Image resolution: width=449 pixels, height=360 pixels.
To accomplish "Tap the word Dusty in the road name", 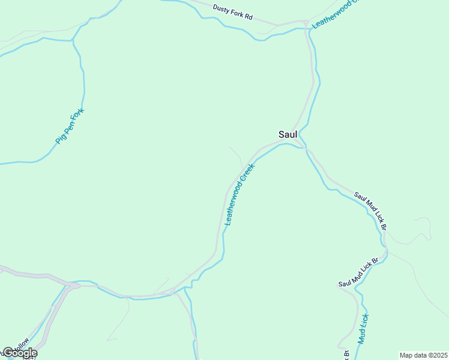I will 221,10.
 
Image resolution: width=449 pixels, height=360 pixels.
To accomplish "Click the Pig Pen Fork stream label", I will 70,126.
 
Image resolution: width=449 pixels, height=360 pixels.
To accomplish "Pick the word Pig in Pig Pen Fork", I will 59,139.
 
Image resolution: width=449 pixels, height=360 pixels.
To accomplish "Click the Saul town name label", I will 288,134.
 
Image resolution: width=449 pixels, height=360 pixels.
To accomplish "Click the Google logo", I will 20,353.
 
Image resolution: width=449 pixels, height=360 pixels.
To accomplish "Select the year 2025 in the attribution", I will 439,355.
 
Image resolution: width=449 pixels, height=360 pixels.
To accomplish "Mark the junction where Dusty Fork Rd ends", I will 306,24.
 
